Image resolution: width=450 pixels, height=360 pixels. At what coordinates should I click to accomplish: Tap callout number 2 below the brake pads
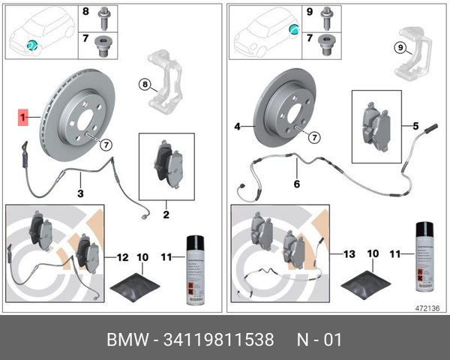click(x=166, y=215)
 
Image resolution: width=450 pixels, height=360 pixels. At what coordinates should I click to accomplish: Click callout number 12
click(x=122, y=257)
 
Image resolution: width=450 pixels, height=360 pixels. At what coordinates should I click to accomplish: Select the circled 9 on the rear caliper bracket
click(x=400, y=48)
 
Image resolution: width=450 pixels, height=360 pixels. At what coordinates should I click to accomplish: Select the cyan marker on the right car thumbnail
click(x=294, y=30)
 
